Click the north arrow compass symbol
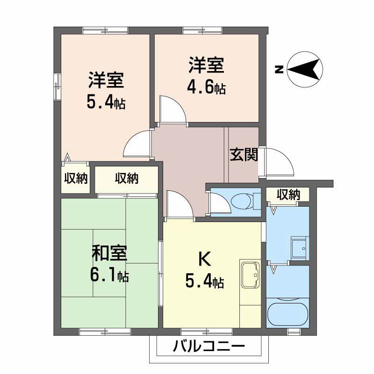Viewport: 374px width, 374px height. [x=305, y=71]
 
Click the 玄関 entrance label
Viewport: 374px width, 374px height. [x=244, y=155]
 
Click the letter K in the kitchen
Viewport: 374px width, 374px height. [x=204, y=258]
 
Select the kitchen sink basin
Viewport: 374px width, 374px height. [x=250, y=275]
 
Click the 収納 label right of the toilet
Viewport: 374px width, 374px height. [x=288, y=194]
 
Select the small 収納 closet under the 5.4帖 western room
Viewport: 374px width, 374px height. [x=76, y=178]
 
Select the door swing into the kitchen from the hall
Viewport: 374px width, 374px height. [x=180, y=204]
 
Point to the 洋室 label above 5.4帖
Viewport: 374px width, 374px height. [x=106, y=80]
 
